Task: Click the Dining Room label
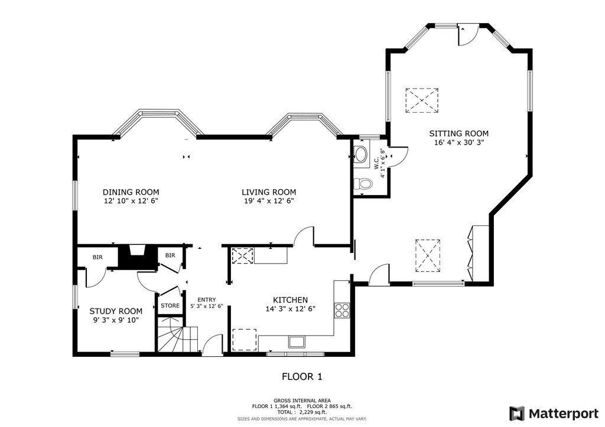click(x=131, y=192)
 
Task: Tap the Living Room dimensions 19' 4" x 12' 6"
click(x=269, y=201)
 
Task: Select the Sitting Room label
click(x=458, y=134)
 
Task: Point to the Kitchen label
click(x=291, y=300)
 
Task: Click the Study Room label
click(x=116, y=311)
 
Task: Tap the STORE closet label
click(x=170, y=306)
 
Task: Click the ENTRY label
click(x=206, y=300)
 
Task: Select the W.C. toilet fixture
click(x=362, y=184)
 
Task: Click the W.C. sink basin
click(x=362, y=155)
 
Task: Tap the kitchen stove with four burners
click(x=342, y=310)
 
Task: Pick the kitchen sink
click(x=297, y=341)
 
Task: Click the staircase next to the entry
click(x=177, y=334)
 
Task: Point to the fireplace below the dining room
click(x=137, y=257)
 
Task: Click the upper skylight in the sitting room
click(x=422, y=100)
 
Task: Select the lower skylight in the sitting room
click(x=428, y=255)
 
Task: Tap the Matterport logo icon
click(x=517, y=413)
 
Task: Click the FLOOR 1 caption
click(x=302, y=376)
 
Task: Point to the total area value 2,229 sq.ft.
click(x=313, y=412)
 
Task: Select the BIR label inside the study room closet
click(x=97, y=257)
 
